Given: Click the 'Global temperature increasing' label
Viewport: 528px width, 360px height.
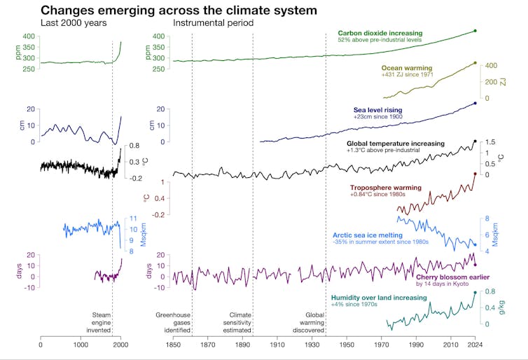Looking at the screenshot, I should [396, 143].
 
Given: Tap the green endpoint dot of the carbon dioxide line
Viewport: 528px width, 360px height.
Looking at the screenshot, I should [475, 31].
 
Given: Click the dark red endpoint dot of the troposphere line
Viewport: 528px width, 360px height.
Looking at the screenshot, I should [475, 174].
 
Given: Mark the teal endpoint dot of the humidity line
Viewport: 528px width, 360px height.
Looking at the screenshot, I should [475, 293].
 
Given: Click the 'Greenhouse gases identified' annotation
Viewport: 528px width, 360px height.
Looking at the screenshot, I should [173, 324].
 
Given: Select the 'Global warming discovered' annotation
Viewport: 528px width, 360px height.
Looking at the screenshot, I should [324, 324].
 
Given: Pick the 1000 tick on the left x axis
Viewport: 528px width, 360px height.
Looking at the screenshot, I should [81, 345].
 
